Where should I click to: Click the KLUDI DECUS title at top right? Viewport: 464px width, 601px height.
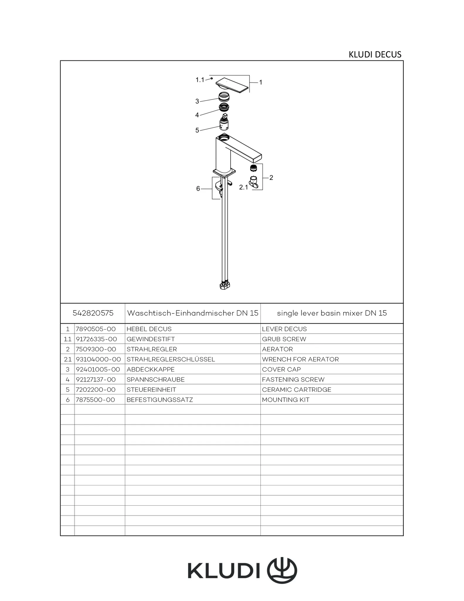tap(375, 55)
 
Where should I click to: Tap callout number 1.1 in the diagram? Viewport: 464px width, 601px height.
tap(200, 80)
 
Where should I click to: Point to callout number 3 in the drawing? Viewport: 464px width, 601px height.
tap(197, 101)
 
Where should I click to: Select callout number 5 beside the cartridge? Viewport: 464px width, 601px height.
tap(197, 130)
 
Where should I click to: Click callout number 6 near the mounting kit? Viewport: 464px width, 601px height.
tap(198, 188)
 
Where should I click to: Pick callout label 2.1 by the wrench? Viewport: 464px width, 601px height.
tap(243, 187)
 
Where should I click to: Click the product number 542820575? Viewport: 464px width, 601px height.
tap(93, 313)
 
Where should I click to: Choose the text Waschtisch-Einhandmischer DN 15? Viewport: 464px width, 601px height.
tap(193, 313)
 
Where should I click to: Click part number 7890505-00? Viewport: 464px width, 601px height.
tap(96, 329)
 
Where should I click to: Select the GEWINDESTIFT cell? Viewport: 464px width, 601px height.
tap(150, 339)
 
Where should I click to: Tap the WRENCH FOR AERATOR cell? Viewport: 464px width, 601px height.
tap(300, 359)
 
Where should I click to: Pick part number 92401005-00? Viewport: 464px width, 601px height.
tap(98, 369)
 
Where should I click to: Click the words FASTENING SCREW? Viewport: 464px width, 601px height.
tap(293, 379)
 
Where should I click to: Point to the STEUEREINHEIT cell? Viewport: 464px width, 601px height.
tap(151, 390)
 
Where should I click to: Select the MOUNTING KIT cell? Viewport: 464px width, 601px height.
tap(286, 400)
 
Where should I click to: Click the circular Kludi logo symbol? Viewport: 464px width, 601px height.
tap(282, 570)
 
